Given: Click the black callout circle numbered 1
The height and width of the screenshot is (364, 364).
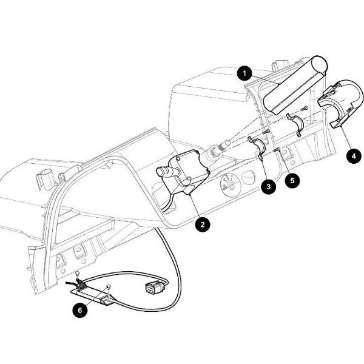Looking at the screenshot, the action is click(244, 73).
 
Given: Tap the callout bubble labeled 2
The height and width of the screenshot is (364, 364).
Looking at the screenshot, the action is click(203, 224).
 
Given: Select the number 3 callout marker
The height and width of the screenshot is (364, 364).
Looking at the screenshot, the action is click(269, 186).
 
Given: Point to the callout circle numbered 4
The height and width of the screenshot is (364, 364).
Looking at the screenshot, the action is click(354, 156).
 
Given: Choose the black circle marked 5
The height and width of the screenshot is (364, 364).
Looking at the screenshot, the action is click(292, 180).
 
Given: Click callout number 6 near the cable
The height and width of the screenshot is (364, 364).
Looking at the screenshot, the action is click(80, 310).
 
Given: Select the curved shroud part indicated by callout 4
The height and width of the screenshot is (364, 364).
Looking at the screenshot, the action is click(341, 103).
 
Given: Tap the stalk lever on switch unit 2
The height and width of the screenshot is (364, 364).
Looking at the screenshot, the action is click(167, 172).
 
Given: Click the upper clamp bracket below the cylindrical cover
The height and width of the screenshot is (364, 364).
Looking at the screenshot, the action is click(295, 123).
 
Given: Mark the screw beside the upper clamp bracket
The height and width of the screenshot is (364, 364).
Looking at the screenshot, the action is click(305, 108).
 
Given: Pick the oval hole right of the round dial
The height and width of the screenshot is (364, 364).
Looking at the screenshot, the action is click(249, 178).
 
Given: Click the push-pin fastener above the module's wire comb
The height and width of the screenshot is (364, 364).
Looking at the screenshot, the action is click(77, 275).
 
